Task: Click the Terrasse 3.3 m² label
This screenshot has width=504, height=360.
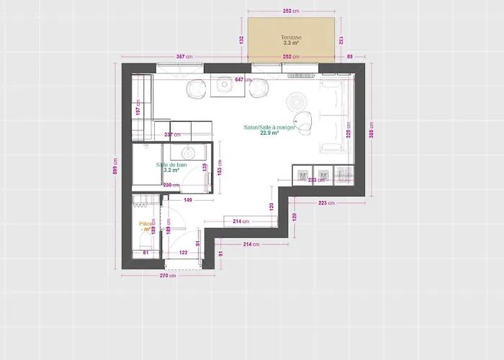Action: point(292,40)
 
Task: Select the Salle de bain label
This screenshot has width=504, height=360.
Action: point(171,167)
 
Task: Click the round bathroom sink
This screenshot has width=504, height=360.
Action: point(189,153)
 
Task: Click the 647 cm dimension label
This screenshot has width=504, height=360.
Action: point(243,80)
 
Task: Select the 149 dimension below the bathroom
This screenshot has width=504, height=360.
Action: point(187,199)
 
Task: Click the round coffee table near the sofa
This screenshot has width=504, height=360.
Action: point(296,100)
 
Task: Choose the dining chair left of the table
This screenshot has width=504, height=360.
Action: point(197,89)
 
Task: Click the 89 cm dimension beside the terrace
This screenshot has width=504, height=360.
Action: point(351,56)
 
